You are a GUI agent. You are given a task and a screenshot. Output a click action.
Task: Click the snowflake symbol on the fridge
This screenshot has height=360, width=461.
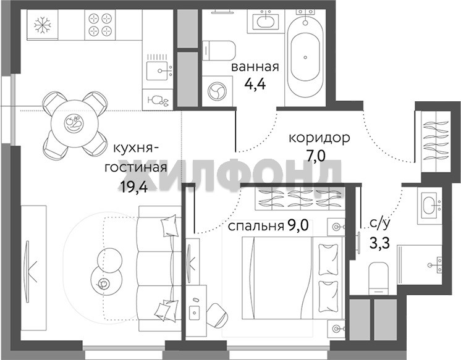coord(43,25)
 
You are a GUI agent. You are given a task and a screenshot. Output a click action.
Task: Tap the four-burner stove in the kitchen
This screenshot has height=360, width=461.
coord(100,25)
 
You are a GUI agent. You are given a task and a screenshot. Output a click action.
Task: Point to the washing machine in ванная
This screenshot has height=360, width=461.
coord(218,91)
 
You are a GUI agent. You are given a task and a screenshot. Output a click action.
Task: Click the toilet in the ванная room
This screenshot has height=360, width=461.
coord(219,51)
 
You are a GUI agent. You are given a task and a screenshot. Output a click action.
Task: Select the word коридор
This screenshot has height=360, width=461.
coord(319,138)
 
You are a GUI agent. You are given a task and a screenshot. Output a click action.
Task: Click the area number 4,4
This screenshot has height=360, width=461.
coord(255,84)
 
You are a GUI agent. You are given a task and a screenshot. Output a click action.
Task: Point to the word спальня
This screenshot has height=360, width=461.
coord(255,226)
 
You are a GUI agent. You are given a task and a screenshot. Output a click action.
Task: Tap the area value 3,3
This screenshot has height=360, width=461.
coord(380,243)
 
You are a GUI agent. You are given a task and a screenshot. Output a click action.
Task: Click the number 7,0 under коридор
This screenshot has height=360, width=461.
coord(316,156)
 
